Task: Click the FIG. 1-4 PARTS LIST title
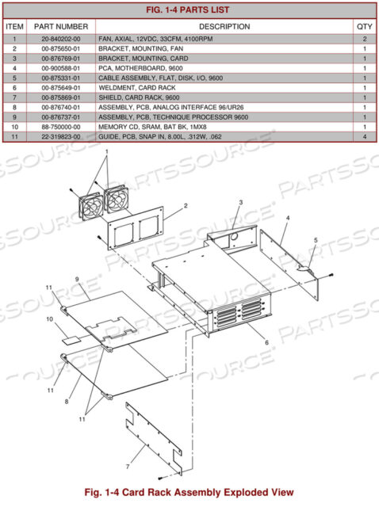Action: (x=189, y=10)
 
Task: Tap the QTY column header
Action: (x=364, y=26)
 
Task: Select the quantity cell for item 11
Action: (x=364, y=137)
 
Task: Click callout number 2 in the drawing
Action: (x=185, y=206)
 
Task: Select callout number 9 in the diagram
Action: (x=78, y=279)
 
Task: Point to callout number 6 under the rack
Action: (x=266, y=342)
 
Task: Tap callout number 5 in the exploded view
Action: (x=315, y=239)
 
